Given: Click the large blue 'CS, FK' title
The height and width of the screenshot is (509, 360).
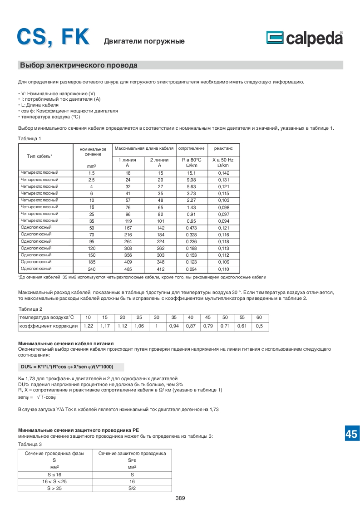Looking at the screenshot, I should pyautogui.click(x=54, y=36).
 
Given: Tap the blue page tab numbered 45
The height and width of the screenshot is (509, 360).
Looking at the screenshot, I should pyautogui.click(x=351, y=434).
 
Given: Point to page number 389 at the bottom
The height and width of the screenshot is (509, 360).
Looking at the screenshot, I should pyautogui.click(x=180, y=498).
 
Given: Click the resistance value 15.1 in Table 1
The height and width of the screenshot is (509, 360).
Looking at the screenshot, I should pyautogui.click(x=191, y=173).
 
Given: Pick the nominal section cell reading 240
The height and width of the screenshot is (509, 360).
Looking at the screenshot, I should pyautogui.click(x=91, y=269).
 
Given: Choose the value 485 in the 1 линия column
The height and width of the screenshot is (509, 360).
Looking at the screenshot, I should pyautogui.click(x=128, y=269).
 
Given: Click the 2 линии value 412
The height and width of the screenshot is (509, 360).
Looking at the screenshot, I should pyautogui.click(x=159, y=269).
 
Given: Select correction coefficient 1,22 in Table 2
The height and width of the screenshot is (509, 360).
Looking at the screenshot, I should pyautogui.click(x=89, y=326).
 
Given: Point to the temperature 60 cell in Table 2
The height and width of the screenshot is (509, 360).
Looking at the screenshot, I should pyautogui.click(x=259, y=317).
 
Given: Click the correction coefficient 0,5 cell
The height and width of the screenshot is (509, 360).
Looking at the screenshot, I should pyautogui.click(x=259, y=326).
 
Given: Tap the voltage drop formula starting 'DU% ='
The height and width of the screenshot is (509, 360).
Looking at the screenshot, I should pyautogui.click(x=70, y=367).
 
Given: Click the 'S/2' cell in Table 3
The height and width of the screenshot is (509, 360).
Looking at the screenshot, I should pyautogui.click(x=132, y=488).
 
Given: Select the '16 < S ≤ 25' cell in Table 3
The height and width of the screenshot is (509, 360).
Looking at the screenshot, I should pyautogui.click(x=54, y=481).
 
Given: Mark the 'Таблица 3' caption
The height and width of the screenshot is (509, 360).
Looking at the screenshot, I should pyautogui.click(x=30, y=444).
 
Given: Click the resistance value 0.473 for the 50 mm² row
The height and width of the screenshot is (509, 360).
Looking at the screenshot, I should pyautogui.click(x=191, y=228).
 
